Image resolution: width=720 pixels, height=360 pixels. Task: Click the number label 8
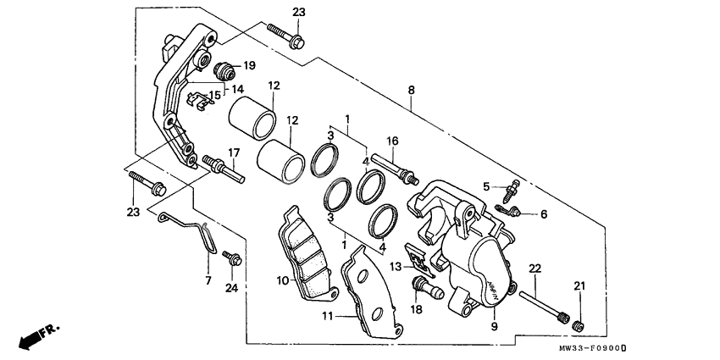pyautogui.click(x=411, y=90)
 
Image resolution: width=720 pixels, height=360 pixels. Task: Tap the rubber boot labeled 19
pyautogui.click(x=224, y=69)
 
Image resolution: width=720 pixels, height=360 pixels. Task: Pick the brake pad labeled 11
pyautogui.click(x=368, y=291)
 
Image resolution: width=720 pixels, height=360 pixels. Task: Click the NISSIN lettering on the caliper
pyautogui.click(x=489, y=285)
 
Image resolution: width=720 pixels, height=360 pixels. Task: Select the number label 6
pyautogui.click(x=544, y=214)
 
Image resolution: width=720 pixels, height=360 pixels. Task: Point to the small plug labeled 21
pyautogui.click(x=580, y=325)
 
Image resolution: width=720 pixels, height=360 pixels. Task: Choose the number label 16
pyautogui.click(x=393, y=141)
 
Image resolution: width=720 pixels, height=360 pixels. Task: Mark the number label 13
pyautogui.click(x=396, y=267)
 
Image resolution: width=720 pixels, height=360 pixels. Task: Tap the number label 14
pyautogui.click(x=238, y=89)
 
